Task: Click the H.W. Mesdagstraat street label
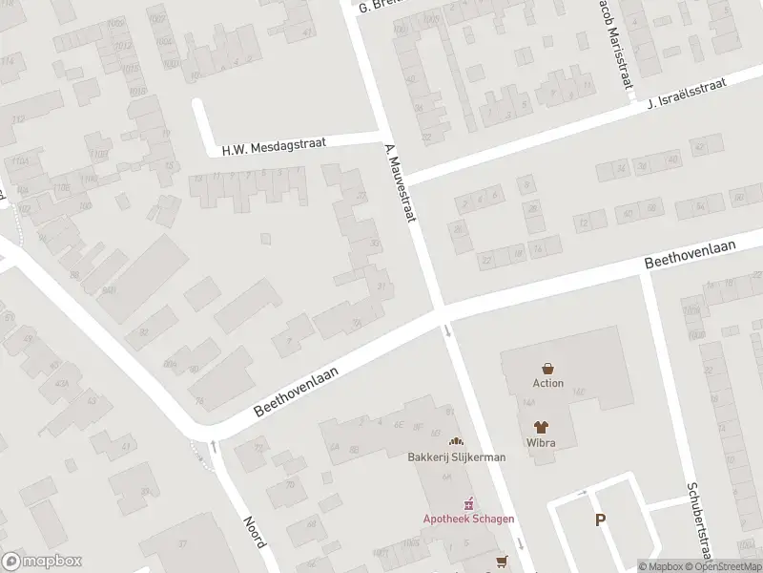274,146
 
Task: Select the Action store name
548,384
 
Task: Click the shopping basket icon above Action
548,368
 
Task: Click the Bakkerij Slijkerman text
456,457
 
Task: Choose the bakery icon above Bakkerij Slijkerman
456,442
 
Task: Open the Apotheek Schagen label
469,519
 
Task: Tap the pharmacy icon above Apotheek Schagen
469,503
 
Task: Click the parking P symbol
600,520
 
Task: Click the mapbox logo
42,562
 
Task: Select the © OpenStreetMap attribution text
722,566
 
